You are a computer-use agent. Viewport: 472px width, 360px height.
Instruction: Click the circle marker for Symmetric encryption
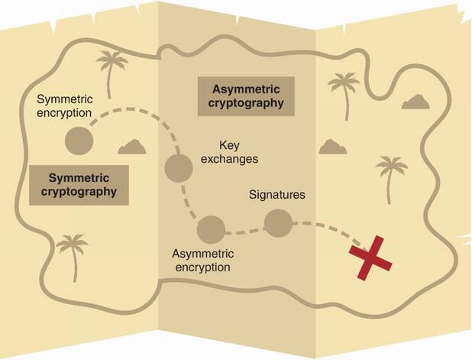(x=78, y=140)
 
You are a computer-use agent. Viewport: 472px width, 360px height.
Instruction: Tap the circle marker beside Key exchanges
(x=178, y=167)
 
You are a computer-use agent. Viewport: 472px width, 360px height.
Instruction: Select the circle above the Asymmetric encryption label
(x=210, y=228)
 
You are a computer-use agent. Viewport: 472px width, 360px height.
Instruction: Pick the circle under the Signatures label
(x=277, y=222)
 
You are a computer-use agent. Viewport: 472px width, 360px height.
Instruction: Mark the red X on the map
(x=370, y=256)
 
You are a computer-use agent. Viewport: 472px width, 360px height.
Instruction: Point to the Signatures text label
(x=277, y=194)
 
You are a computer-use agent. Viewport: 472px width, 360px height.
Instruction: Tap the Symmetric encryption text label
(x=65, y=107)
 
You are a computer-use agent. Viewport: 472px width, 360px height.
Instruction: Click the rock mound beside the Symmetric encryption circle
(x=133, y=146)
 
